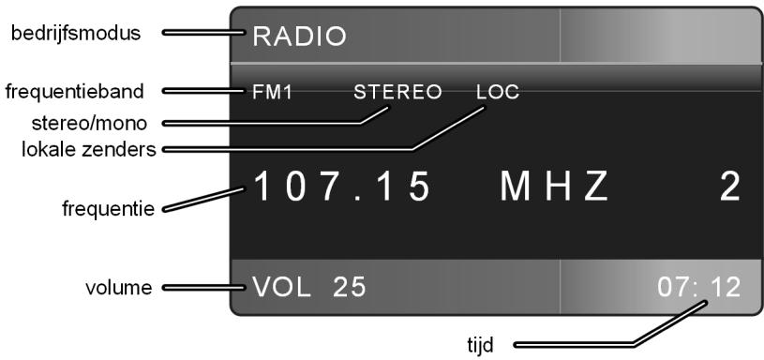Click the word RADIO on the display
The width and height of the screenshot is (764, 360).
pyautogui.click(x=297, y=37)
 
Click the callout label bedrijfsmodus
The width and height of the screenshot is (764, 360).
pyautogui.click(x=75, y=34)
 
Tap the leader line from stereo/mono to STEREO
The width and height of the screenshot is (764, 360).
pyautogui.click(x=281, y=122)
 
